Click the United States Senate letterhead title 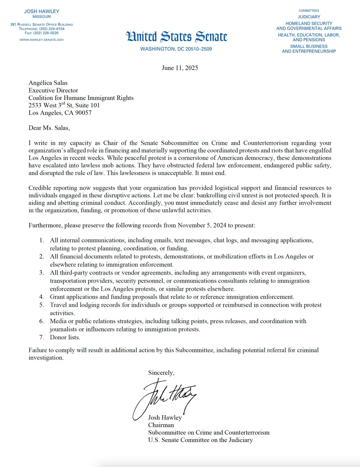[x=176, y=37]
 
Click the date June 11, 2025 [x=180, y=68]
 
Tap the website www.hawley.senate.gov [x=41, y=40]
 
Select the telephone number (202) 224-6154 [x=52, y=29]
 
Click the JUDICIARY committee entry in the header [x=309, y=17]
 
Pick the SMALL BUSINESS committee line [x=309, y=46]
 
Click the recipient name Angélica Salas [x=48, y=83]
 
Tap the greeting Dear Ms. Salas [x=49, y=128]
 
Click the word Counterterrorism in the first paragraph [x=265, y=143]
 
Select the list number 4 [x=42, y=297]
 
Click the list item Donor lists [x=65, y=337]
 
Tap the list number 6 [x=42, y=321]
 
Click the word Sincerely [x=161, y=373]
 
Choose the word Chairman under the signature [x=161, y=425]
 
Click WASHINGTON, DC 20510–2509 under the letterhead [x=176, y=49]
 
